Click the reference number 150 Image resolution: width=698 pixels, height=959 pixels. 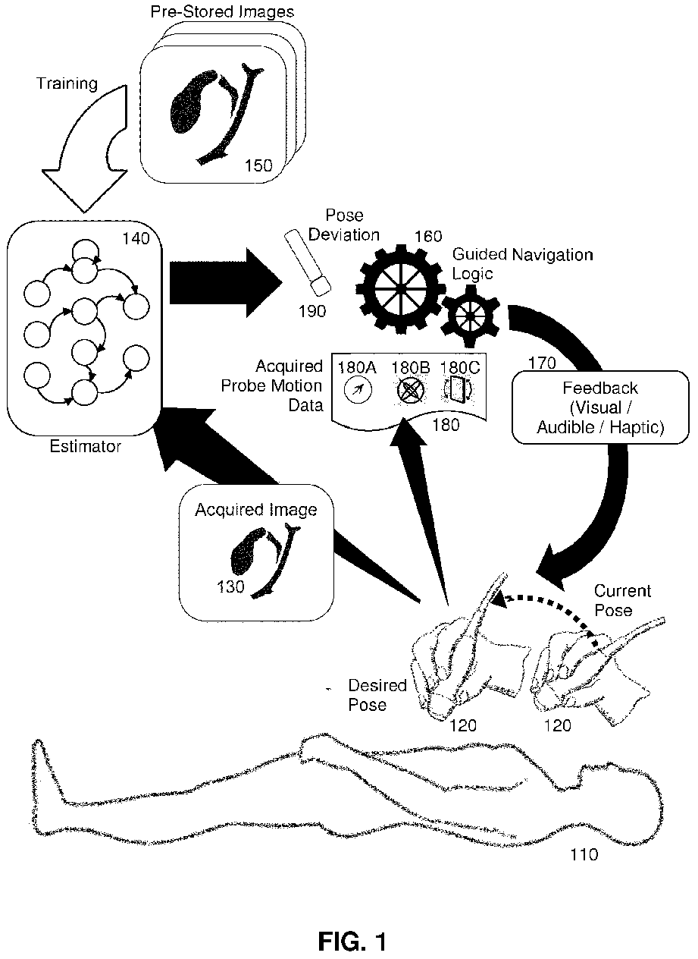pos(258,165)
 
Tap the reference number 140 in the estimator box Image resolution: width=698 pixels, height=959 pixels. pos(136,238)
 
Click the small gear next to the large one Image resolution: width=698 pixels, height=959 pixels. pos(470,316)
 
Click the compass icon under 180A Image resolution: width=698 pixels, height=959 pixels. pos(358,390)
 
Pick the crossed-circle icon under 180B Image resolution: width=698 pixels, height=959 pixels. pos(411,390)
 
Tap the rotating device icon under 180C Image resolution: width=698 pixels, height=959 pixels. pos(458,389)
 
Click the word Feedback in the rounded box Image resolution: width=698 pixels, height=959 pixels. pos(600,388)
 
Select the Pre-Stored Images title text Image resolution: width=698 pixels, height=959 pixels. pos(222,11)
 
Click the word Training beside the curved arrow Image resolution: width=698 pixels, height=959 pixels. pos(67,83)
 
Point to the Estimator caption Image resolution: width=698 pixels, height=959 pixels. pos(85,447)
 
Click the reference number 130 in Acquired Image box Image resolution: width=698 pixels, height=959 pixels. pos(230,586)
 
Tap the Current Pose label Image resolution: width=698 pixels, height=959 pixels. pos(622,600)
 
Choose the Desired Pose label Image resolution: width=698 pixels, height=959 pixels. pos(377,695)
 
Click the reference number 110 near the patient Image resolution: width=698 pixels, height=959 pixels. pos(584,854)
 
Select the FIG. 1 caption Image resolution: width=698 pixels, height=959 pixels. pos(352,930)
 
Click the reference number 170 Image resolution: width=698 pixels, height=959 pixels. pos(542,363)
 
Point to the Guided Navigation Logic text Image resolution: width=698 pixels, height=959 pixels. pos(522,264)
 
